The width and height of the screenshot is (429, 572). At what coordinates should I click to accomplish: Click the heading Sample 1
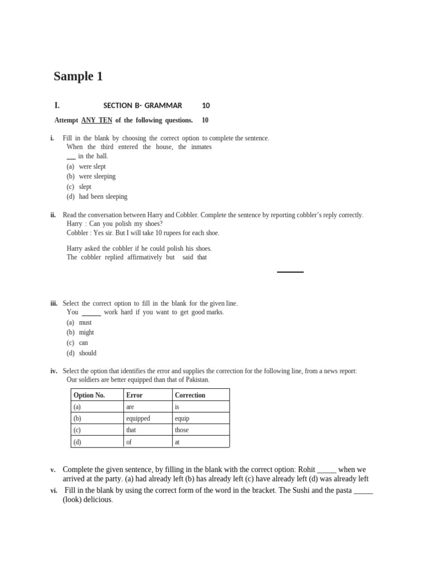pyautogui.click(x=78, y=77)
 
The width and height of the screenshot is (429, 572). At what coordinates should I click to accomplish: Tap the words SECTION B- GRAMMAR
pyautogui.click(x=142, y=106)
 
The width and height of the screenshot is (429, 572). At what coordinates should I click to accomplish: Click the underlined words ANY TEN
pyautogui.click(x=97, y=120)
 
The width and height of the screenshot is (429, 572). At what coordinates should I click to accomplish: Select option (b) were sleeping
pyautogui.click(x=97, y=177)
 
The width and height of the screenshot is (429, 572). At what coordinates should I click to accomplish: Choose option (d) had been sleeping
pyautogui.click(x=103, y=197)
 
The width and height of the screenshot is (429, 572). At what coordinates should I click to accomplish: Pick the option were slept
pyautogui.click(x=92, y=166)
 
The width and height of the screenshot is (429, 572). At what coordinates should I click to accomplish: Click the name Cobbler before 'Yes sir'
pyautogui.click(x=78, y=233)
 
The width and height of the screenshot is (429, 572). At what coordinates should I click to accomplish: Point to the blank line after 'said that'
pyautogui.click(x=290, y=271)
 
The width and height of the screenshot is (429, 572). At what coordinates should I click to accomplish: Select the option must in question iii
pyautogui.click(x=85, y=323)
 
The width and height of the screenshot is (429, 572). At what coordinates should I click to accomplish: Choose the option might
pyautogui.click(x=86, y=332)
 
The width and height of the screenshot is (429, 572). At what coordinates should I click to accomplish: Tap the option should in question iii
pyautogui.click(x=87, y=353)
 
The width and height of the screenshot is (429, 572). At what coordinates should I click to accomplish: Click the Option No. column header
pyautogui.click(x=89, y=395)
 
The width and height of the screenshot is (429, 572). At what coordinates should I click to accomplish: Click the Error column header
pyautogui.click(x=134, y=395)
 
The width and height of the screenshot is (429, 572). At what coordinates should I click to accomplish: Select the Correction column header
pyautogui.click(x=190, y=395)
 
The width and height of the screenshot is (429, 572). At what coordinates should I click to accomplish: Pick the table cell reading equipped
pyautogui.click(x=138, y=418)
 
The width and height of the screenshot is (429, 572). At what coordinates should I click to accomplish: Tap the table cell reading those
pyautogui.click(x=182, y=430)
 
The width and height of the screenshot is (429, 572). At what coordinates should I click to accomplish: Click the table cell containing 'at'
pyautogui.click(x=177, y=442)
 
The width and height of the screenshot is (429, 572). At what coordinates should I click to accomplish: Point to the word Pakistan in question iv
pyautogui.click(x=196, y=380)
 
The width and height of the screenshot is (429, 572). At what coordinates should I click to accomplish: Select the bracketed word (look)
pyautogui.click(x=73, y=500)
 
